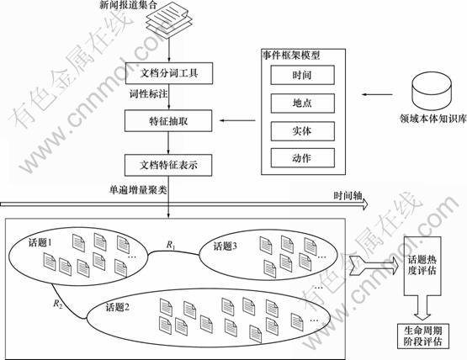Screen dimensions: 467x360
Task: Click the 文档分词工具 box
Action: (x=169, y=73)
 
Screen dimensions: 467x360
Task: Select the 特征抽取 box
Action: (x=168, y=120)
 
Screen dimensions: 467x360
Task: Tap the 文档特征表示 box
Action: (x=168, y=165)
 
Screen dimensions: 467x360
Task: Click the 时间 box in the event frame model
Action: (x=302, y=75)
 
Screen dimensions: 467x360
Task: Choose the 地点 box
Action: (x=302, y=103)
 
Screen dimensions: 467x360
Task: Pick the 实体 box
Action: (x=302, y=131)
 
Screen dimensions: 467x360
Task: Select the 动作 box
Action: (x=302, y=158)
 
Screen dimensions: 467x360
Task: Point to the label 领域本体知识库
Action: (x=433, y=119)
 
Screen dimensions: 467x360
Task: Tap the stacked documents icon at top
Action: (x=169, y=19)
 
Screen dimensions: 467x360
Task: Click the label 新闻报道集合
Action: (x=128, y=5)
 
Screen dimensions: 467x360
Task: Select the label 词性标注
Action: (x=148, y=94)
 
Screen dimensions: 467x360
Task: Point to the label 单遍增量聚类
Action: (x=138, y=189)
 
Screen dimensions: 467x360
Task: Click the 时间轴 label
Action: (x=348, y=196)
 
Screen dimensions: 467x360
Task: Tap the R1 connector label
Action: (x=171, y=246)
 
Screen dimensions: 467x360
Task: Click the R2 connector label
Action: (x=58, y=304)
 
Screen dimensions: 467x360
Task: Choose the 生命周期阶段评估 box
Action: (x=423, y=336)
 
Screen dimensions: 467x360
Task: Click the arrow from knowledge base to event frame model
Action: (x=377, y=95)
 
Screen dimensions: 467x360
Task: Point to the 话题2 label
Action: (x=118, y=307)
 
